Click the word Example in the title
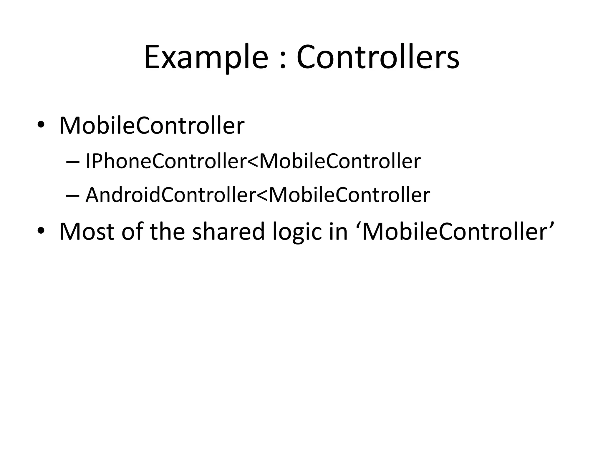pos(206,57)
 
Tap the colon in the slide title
pos(283,60)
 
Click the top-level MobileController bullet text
pos(152,126)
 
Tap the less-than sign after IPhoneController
pos(252,162)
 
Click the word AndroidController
pos(170,195)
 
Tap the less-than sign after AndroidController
pos(262,195)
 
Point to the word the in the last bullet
pos(167,232)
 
